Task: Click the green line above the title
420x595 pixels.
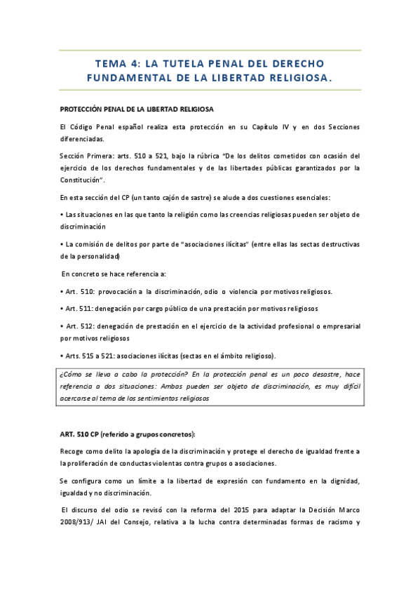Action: click(x=210, y=51)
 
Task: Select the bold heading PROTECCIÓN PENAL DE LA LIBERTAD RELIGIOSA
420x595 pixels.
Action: click(x=136, y=110)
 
